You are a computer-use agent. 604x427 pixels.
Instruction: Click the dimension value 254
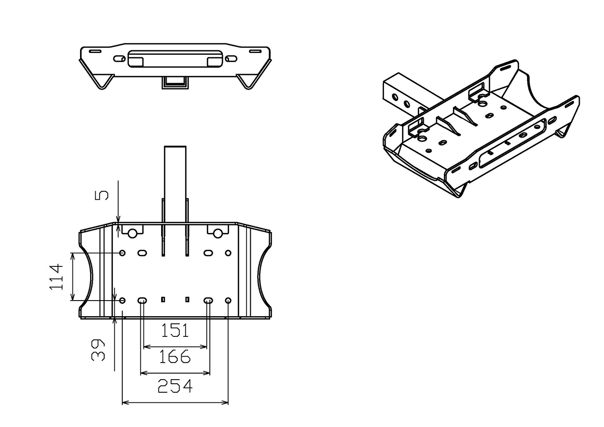175,386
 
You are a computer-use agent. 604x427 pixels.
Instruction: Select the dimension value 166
175,357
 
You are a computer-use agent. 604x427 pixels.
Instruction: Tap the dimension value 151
175,330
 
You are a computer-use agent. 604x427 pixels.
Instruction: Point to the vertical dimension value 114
56,277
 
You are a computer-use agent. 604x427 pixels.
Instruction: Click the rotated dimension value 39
98,350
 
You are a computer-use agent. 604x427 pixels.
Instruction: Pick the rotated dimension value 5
102,195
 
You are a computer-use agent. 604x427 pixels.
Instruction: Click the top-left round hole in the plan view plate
122,253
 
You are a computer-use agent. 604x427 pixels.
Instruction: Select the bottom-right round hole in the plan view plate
228,301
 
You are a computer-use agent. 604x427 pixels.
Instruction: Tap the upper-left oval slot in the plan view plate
142,253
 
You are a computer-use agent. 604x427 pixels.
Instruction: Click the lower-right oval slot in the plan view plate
208,301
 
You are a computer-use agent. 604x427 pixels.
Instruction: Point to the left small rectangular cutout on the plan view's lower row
163,300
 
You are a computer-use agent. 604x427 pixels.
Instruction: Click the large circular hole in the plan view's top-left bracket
132,234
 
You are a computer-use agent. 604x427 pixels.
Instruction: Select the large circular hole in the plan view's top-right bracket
217,234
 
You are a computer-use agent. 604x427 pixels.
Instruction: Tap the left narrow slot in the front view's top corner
95,51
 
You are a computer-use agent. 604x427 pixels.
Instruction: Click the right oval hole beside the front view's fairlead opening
231,58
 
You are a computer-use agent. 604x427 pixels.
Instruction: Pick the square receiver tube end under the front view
175,82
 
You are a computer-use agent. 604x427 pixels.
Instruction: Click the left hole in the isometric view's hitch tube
395,97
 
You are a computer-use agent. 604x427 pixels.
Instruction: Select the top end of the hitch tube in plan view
175,146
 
